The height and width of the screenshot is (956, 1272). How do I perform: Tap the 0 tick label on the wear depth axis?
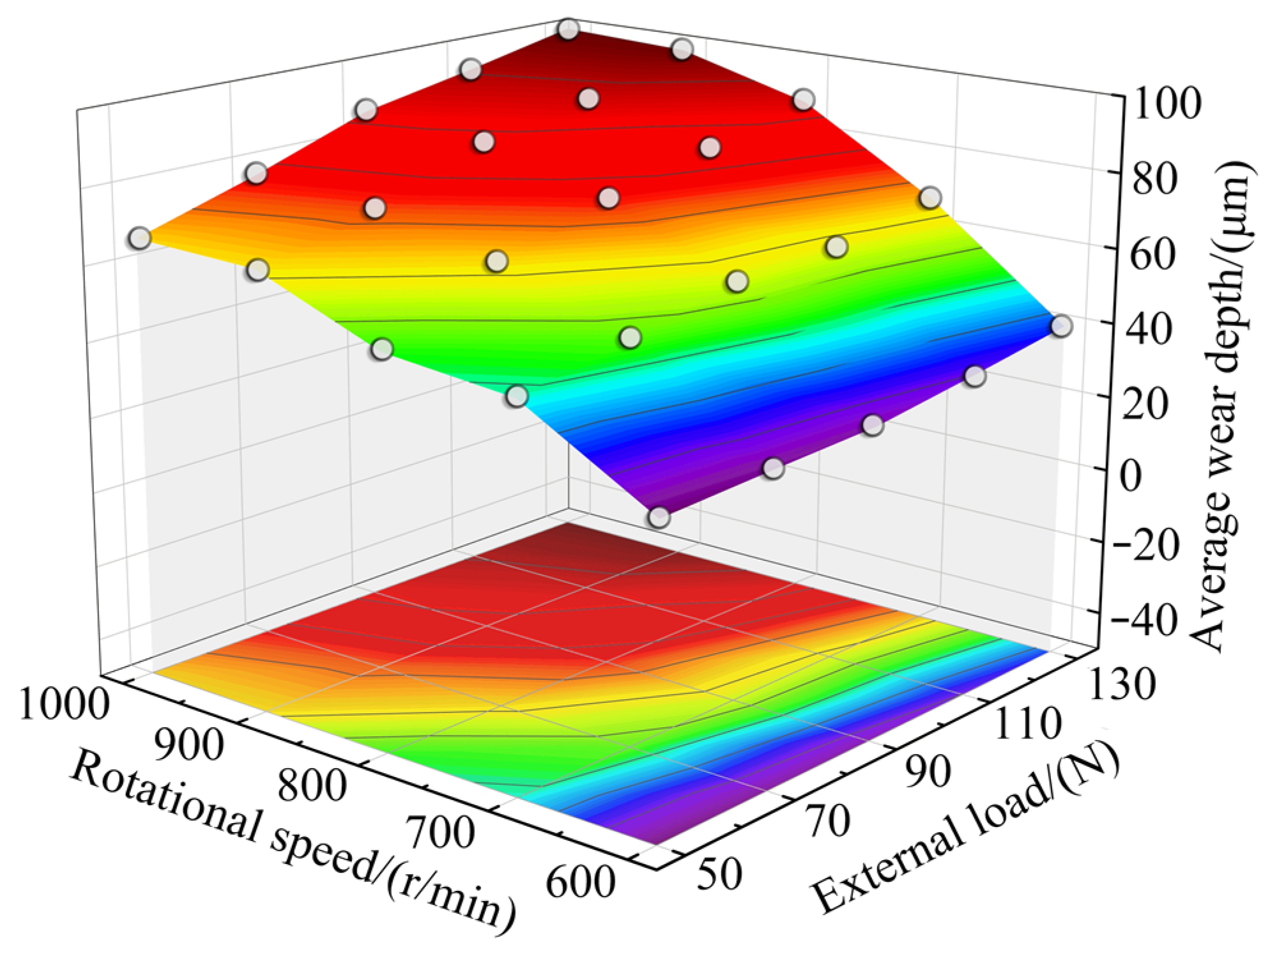point(1131,477)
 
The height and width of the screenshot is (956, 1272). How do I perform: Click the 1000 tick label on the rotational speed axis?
point(64,705)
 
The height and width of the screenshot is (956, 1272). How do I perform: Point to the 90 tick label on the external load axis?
point(929,772)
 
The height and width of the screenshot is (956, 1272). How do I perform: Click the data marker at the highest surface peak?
point(567,29)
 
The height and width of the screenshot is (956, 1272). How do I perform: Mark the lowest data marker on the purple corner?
point(659,517)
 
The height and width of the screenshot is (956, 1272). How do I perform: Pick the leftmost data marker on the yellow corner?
point(139,238)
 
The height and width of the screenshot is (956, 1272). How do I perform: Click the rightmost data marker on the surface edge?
point(1061,326)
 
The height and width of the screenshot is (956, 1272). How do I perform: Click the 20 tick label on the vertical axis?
point(1150,404)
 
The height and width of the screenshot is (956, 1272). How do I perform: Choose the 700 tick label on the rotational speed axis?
point(441,833)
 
